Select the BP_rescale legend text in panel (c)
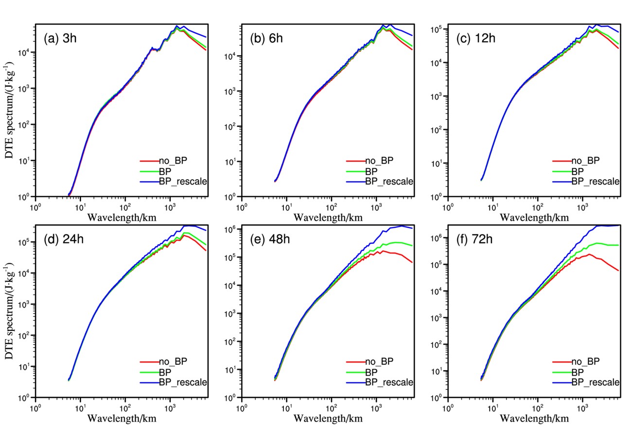point(596,181)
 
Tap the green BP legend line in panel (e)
point(355,372)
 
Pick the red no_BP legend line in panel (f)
point(562,361)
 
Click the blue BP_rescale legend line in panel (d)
point(149,382)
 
